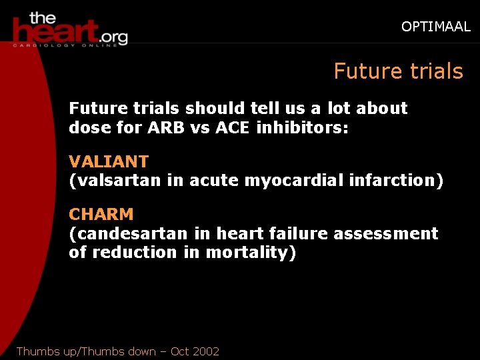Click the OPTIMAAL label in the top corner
(435, 27)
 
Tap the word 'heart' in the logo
(56, 31)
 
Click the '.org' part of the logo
(113, 34)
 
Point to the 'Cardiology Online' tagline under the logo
(69, 45)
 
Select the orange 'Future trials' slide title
(398, 71)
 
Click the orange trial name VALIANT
(109, 161)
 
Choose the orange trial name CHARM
(101, 215)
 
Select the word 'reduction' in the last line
(127, 252)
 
